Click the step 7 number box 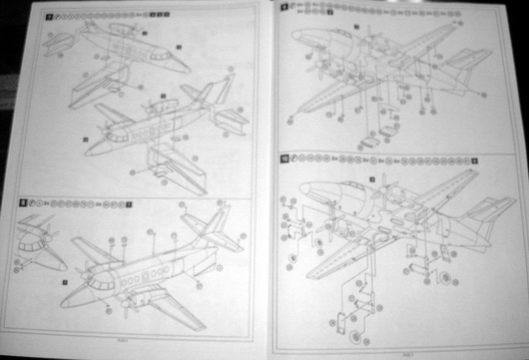(50, 17)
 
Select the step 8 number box (23, 203)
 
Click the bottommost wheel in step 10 (356, 337)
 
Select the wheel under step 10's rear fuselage (445, 277)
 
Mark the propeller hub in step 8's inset (48, 238)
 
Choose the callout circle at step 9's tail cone (484, 95)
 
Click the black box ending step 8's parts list (129, 205)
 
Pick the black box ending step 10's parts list (474, 161)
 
